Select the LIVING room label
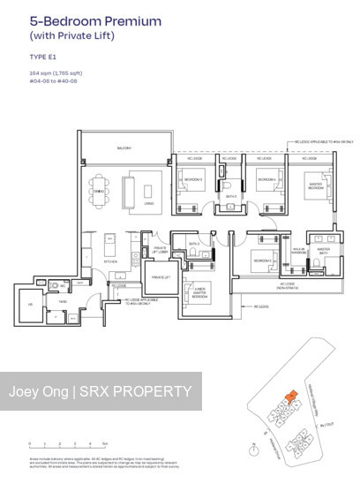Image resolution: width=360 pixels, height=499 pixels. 149,202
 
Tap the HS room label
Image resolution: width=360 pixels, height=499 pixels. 30,306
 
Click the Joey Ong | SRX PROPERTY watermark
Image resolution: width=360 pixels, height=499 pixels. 101,391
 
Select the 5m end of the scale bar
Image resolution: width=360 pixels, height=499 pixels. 105,445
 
